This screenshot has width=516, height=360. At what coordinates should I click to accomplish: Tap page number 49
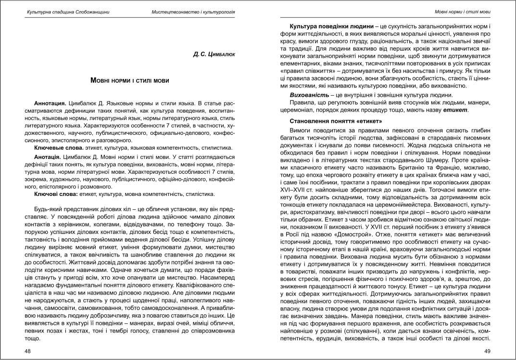(487, 351)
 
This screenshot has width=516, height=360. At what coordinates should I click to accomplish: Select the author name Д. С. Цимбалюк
(214, 55)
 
